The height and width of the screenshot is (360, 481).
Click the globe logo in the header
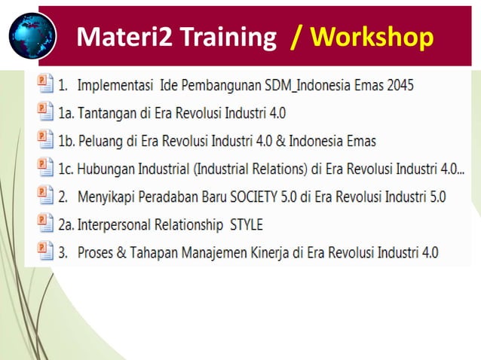point(32,35)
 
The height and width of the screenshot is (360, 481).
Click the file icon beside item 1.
point(44,84)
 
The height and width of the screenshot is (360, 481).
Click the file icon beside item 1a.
point(44,112)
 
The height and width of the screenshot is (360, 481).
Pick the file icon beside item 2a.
point(44,224)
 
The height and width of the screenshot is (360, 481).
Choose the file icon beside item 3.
point(44,252)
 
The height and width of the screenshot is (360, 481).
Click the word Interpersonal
point(115,224)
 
